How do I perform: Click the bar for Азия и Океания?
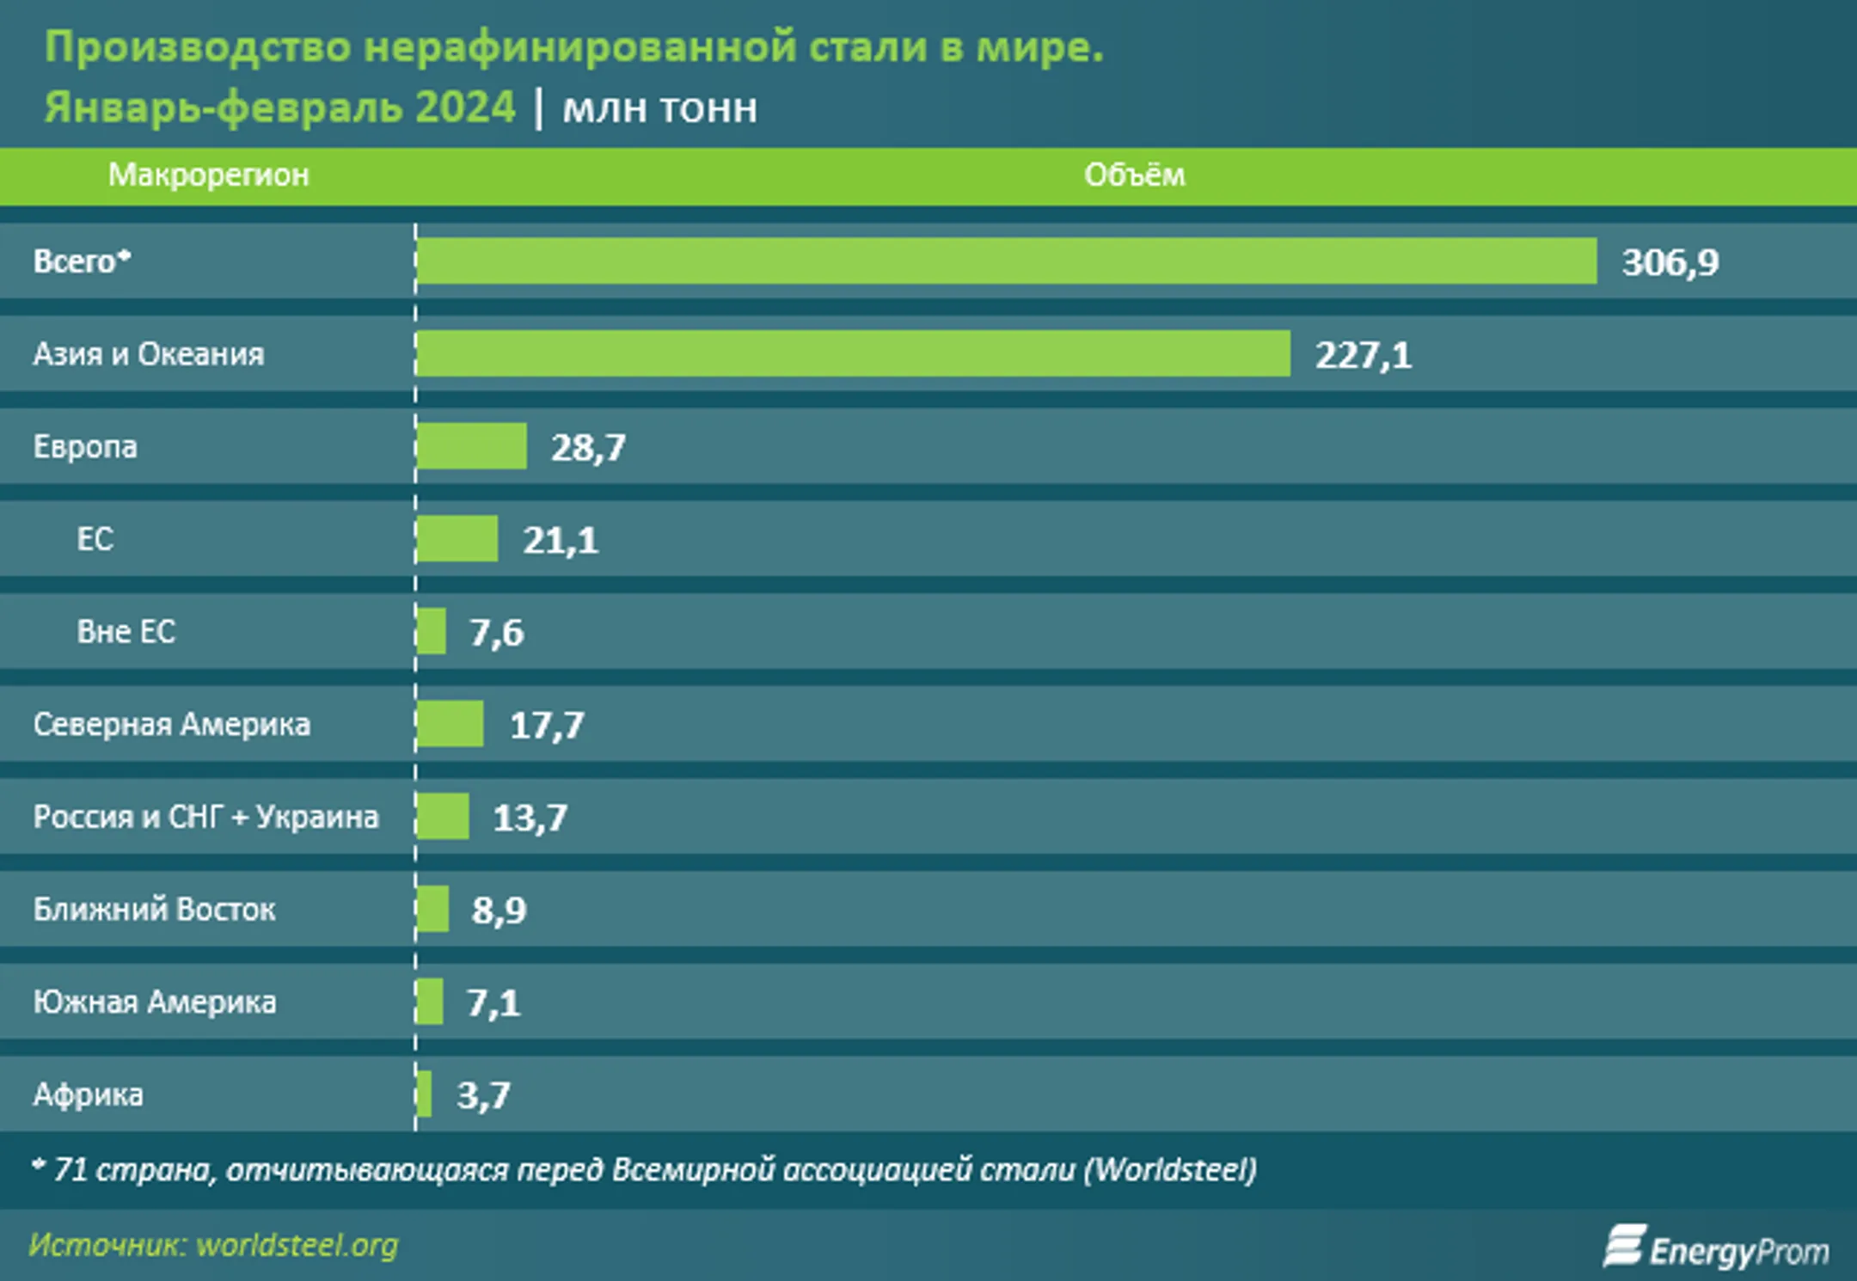(853, 353)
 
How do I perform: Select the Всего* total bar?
(1006, 260)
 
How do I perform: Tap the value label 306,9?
(1670, 262)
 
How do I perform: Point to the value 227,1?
(1363, 355)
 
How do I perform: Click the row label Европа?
(85, 446)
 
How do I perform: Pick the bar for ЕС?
(457, 539)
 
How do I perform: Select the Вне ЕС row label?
(126, 631)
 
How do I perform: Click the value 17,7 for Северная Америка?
(547, 725)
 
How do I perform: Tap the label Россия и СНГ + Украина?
(205, 817)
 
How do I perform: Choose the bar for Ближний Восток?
(432, 909)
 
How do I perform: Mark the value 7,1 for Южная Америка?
(493, 1002)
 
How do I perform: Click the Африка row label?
(88, 1094)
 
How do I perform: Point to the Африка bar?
(424, 1094)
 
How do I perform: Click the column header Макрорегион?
(208, 175)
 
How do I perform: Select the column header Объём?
(1134, 175)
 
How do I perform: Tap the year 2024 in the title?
(464, 108)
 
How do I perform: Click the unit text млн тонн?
(659, 109)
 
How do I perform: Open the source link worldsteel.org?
(297, 1245)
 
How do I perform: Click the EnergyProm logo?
(1716, 1248)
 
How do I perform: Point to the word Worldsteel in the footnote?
(1170, 1169)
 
